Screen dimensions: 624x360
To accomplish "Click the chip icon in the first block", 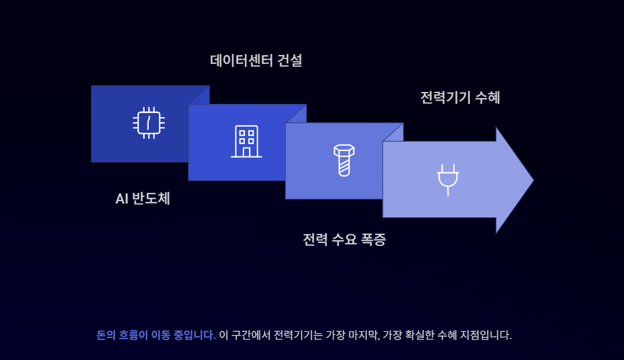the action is [x=149, y=123].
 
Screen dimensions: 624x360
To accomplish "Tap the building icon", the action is [x=246, y=141].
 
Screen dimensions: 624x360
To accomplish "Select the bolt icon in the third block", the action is [x=343, y=160].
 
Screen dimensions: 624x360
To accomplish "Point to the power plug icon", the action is [x=448, y=179].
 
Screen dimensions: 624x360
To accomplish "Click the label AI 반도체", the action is [x=143, y=199].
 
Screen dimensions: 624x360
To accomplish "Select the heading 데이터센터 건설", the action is [x=256, y=60].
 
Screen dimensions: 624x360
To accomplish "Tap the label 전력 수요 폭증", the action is [x=344, y=240].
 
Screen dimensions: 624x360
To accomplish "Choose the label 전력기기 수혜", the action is [x=460, y=97].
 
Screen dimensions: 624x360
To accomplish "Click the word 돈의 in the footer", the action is [x=105, y=335].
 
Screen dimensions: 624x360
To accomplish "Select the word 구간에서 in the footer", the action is [x=250, y=335].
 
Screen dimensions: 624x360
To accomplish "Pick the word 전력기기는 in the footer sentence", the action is [x=298, y=335].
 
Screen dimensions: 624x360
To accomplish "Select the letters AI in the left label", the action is [x=122, y=199].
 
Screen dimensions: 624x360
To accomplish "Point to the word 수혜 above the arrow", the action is [x=487, y=97].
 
